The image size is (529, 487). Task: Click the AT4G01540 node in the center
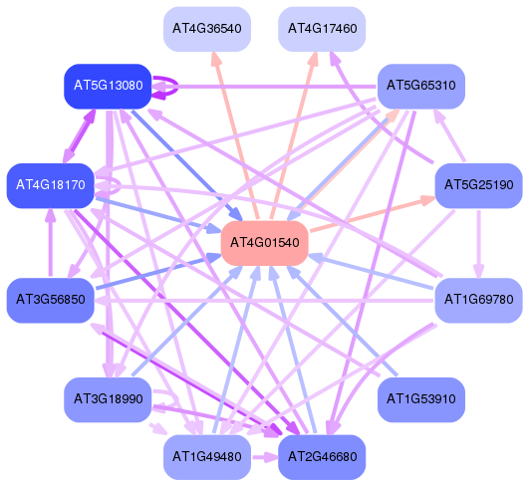(265, 243)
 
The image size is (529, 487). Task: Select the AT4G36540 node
(207, 29)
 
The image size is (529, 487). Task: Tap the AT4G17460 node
(322, 29)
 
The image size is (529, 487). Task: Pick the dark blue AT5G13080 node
(108, 87)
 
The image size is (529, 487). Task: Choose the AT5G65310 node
(421, 87)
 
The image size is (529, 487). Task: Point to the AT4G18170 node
(50, 185)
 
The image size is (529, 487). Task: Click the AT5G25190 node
(479, 185)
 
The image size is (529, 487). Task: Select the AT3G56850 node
(50, 300)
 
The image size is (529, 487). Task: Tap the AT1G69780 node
(479, 300)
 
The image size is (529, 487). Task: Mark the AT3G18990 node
(108, 399)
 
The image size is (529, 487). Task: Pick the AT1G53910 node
(421, 399)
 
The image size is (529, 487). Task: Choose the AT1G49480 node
(207, 457)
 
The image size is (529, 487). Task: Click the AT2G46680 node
(322, 457)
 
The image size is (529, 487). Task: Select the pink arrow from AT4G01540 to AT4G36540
(235, 135)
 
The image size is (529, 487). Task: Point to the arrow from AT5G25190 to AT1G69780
(479, 244)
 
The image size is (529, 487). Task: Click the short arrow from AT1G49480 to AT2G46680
(265, 457)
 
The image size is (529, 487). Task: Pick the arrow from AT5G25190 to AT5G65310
(449, 134)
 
